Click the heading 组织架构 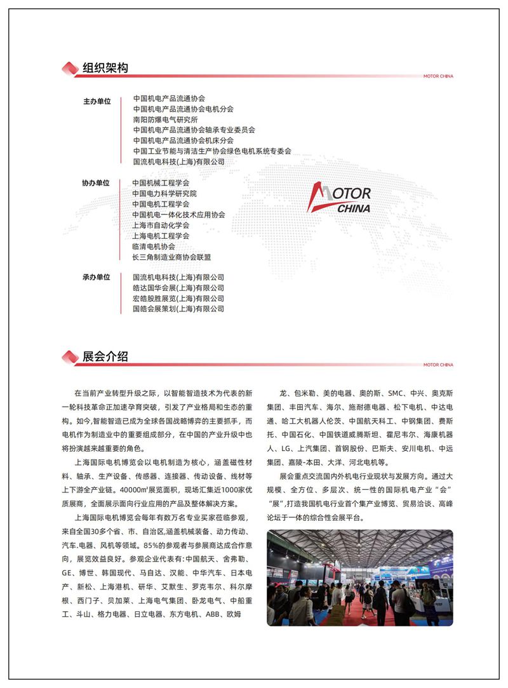(105, 68)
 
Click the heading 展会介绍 (105, 356)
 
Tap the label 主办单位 (97, 101)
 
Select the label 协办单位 (96, 183)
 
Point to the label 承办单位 (96, 278)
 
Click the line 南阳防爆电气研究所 (165, 119)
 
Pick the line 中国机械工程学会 (161, 183)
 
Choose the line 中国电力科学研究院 (164, 194)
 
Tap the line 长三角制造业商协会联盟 (171, 257)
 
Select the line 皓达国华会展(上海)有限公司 (178, 288)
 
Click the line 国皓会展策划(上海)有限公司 (178, 309)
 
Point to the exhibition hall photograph (359, 577)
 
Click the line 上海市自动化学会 (161, 226)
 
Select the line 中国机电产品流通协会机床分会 (183, 140)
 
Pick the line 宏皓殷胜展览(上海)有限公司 (178, 299)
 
